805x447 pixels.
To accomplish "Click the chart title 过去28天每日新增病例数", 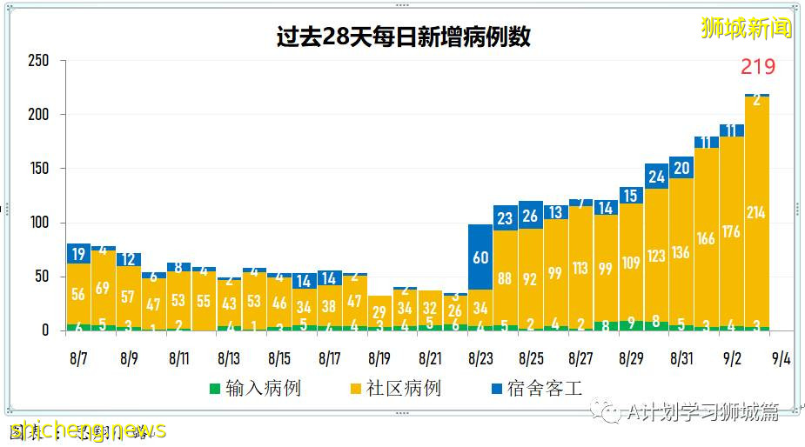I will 403,37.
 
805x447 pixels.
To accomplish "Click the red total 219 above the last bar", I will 757,67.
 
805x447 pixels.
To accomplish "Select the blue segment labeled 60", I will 480,257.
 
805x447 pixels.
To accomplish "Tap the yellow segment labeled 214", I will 756,212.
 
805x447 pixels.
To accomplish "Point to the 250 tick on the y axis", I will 37,61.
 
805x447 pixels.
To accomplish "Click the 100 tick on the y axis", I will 37,223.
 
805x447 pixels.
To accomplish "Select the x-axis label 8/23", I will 480,357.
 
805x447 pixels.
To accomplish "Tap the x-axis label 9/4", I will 781,357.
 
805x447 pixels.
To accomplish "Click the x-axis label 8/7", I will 79,357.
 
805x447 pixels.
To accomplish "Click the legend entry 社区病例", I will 394,388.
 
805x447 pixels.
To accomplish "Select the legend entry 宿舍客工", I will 534,388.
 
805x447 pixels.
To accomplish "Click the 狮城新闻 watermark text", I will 747,28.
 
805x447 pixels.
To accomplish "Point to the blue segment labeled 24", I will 656,177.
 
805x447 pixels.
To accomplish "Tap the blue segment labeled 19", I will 79,254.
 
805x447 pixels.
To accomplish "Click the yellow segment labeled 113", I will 580,269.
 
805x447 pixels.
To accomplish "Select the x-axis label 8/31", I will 681,357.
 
